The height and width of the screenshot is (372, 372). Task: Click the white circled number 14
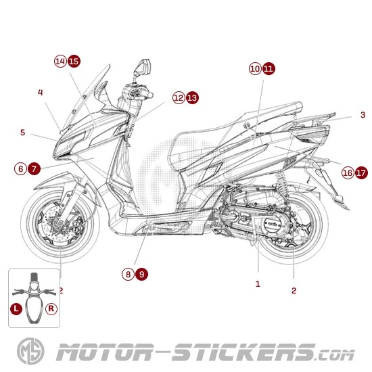click(60, 61)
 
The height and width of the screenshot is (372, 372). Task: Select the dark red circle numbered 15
click(74, 61)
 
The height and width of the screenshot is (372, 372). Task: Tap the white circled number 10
click(255, 68)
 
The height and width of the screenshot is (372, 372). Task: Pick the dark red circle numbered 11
click(269, 68)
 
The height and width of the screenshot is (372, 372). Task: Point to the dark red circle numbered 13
click(192, 98)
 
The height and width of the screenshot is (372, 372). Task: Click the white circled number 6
click(21, 168)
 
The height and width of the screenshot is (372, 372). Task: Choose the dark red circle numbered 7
click(34, 168)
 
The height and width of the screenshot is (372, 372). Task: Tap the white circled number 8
click(128, 274)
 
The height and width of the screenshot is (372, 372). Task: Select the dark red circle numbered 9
click(141, 274)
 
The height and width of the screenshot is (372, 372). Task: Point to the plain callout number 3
click(363, 115)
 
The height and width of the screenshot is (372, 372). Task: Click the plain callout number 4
click(41, 92)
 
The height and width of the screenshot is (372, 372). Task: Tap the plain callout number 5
click(22, 133)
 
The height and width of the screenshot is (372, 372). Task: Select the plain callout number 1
click(258, 284)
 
